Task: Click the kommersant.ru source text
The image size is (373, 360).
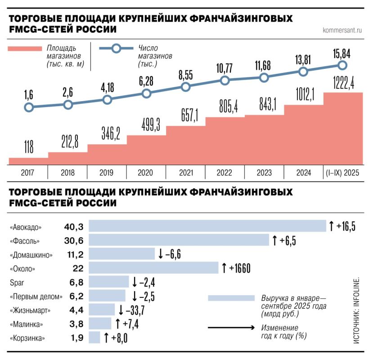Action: pyautogui.click(x=342, y=31)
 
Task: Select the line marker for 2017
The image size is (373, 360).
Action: pyautogui.click(x=28, y=108)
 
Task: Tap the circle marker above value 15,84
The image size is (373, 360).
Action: pyautogui.click(x=342, y=65)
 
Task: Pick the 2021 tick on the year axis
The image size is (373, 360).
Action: pyautogui.click(x=185, y=172)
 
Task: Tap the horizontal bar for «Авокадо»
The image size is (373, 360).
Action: pyautogui.click(x=207, y=226)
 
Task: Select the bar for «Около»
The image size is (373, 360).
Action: pyautogui.click(x=153, y=269)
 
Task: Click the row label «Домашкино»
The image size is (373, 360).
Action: pyautogui.click(x=31, y=255)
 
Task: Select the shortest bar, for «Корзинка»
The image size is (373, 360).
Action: pyautogui.click(x=94, y=337)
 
